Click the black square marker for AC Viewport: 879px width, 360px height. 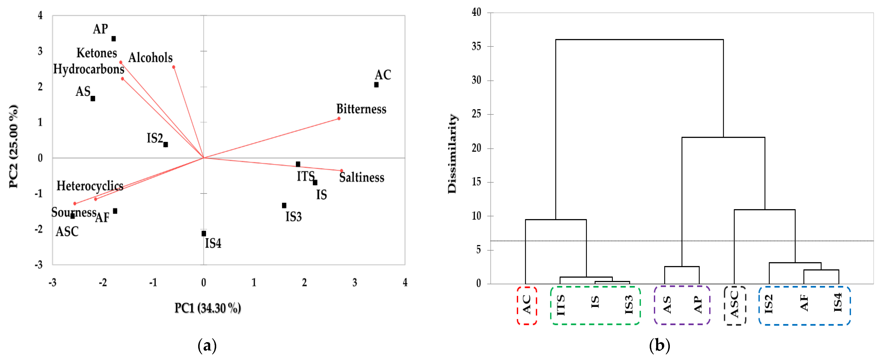click(x=376, y=85)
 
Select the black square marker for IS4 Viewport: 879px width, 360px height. click(x=204, y=233)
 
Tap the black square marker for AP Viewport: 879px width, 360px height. click(x=114, y=39)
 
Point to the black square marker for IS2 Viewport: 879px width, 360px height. click(x=166, y=144)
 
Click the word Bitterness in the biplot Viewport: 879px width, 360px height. click(x=361, y=109)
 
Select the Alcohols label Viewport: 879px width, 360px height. click(x=150, y=58)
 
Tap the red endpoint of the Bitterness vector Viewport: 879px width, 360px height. click(x=339, y=118)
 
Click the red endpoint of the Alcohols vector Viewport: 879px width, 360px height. click(x=174, y=67)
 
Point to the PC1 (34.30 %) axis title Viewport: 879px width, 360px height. click(x=208, y=308)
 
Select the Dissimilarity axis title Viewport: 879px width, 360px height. click(x=452, y=154)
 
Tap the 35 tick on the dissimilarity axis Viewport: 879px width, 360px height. click(x=476, y=46)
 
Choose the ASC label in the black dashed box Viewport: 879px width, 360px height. click(x=734, y=305)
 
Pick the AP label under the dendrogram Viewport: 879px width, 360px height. click(x=698, y=305)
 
